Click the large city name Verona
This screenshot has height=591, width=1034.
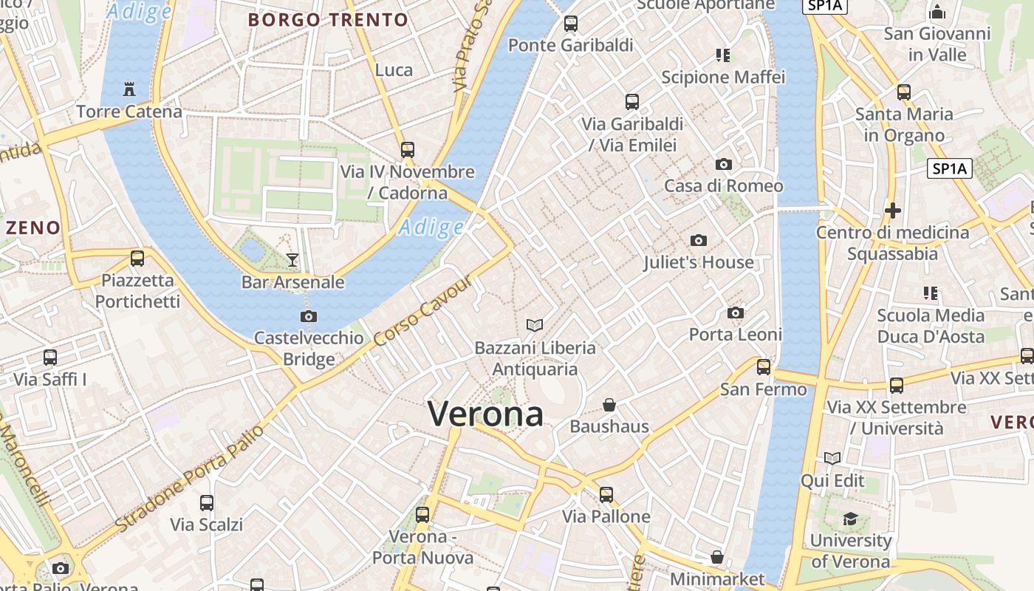485,414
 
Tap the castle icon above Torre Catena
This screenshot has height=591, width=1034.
129,89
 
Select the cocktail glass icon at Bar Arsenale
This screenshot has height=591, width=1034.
292,259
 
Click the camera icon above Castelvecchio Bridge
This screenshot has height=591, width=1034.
309,316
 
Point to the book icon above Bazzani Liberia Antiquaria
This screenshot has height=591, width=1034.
535,325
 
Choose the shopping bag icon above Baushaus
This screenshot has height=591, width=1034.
609,405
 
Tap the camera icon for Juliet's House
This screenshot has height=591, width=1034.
698,240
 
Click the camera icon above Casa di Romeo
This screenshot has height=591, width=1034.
724,164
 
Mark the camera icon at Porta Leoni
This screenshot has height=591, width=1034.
736,313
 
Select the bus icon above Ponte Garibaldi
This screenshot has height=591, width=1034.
571,23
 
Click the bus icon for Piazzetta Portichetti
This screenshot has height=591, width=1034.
137,259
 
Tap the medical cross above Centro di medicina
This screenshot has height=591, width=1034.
892,211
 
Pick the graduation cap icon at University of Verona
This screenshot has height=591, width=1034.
851,519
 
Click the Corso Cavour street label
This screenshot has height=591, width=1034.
422,313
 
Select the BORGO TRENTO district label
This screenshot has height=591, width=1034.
328,20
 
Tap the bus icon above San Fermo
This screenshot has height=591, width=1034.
764,366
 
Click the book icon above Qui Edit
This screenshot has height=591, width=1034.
832,459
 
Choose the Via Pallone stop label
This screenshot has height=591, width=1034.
606,516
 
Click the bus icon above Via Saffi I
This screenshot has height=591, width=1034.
50,358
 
